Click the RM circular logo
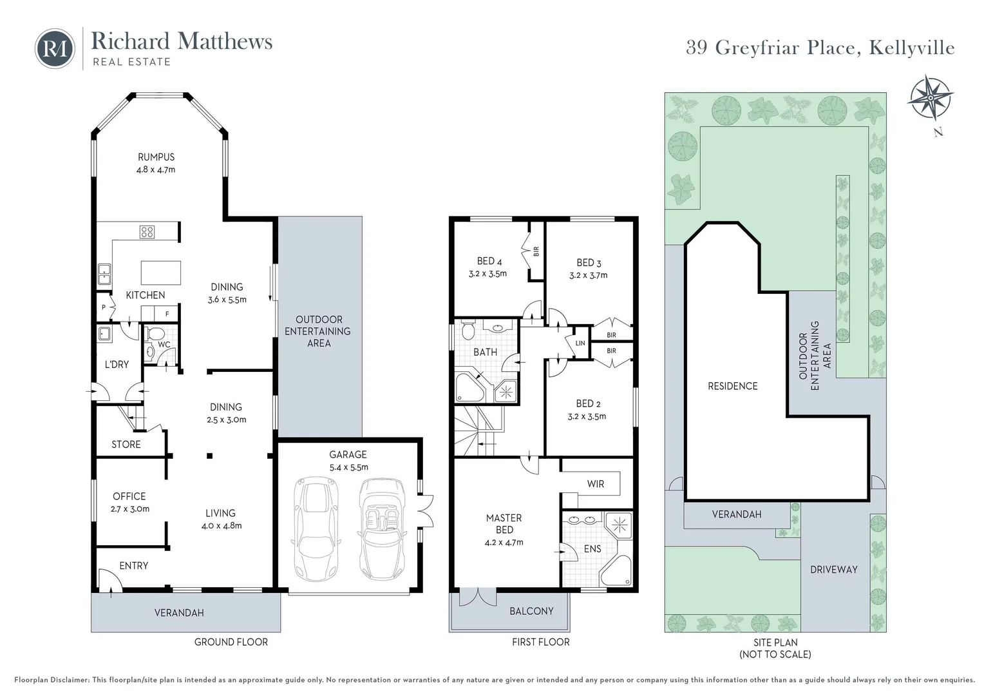(x=55, y=48)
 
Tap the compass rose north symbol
(x=930, y=99)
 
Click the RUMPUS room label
(x=156, y=157)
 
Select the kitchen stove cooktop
(x=147, y=232)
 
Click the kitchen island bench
(x=160, y=273)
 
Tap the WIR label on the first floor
(x=595, y=484)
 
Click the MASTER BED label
(x=504, y=523)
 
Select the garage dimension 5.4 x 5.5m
(x=348, y=467)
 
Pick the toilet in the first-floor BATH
(x=468, y=331)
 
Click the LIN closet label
(x=580, y=343)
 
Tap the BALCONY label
(x=531, y=611)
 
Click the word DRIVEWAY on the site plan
(x=833, y=570)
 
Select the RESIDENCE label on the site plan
(x=732, y=386)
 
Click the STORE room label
(x=126, y=445)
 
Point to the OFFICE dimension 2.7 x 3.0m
(x=131, y=509)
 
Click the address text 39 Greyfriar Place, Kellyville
(x=820, y=48)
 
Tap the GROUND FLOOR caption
(x=231, y=642)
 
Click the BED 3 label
(x=589, y=263)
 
